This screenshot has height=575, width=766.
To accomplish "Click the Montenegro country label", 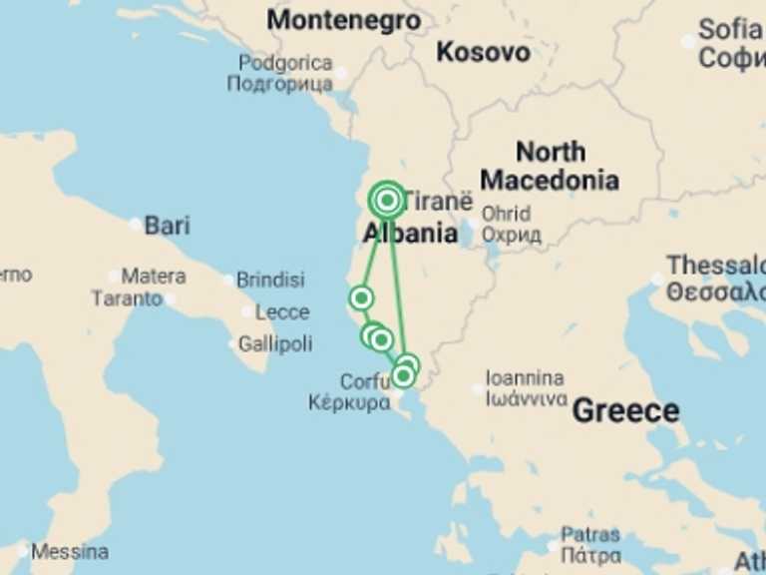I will click(x=343, y=20).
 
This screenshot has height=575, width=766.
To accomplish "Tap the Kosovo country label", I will click(x=483, y=52).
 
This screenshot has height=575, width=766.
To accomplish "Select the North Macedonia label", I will click(x=549, y=166).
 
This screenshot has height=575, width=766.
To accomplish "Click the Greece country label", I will click(x=625, y=410).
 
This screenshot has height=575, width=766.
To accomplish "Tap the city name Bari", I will click(x=167, y=225).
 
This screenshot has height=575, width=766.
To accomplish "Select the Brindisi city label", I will click(x=270, y=281).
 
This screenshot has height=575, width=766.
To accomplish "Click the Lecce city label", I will click(x=281, y=312).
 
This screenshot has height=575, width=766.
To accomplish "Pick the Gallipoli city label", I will click(x=274, y=344).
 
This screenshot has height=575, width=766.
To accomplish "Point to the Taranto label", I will click(x=127, y=298).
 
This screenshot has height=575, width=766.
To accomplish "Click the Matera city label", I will click(x=153, y=276).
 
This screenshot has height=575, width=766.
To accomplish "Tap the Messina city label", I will click(x=70, y=551).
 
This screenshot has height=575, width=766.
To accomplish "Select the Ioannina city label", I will click(x=524, y=379).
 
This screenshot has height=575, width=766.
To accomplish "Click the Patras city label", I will click(x=590, y=535).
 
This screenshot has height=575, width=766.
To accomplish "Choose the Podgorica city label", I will click(x=284, y=64).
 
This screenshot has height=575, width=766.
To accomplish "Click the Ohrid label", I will click(x=506, y=214).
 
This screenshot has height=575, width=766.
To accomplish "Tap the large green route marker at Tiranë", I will click(x=387, y=201).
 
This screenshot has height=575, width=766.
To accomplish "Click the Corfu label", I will click(x=364, y=381).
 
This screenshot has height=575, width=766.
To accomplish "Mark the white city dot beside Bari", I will click(x=136, y=225).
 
